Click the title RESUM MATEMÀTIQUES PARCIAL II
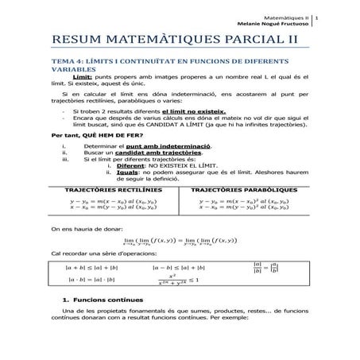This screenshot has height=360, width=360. (174, 40)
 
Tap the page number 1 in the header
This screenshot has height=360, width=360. (319, 16)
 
